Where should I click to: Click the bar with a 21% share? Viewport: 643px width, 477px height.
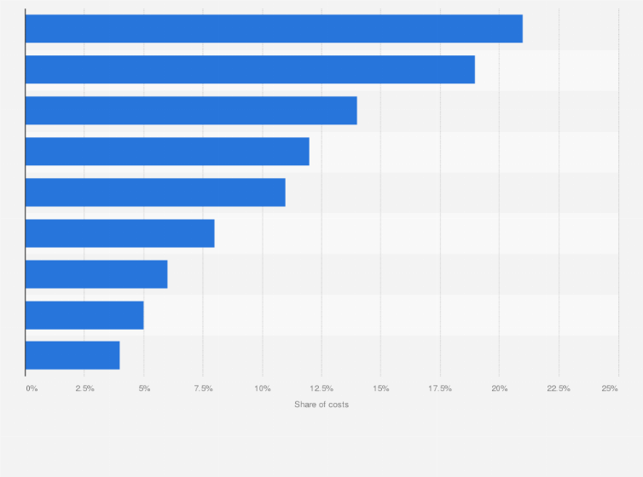pyautogui.click(x=273, y=29)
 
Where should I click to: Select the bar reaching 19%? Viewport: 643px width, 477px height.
pyautogui.click(x=250, y=70)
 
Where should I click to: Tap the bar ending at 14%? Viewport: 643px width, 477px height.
pyautogui.click(x=191, y=111)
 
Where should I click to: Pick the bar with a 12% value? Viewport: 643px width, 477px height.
pyautogui.click(x=167, y=152)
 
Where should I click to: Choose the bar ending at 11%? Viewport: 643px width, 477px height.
pyautogui.click(x=155, y=193)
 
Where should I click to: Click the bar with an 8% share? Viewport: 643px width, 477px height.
pyautogui.click(x=119, y=233)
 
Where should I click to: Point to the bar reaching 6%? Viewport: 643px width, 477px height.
pyautogui.click(x=96, y=274)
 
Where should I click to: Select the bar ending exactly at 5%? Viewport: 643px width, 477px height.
pyautogui.click(x=84, y=315)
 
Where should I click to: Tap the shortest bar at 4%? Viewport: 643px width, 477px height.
pyautogui.click(x=72, y=355)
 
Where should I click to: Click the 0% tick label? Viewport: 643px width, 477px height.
pyautogui.click(x=32, y=388)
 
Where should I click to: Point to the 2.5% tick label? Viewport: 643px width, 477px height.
pyautogui.click(x=84, y=388)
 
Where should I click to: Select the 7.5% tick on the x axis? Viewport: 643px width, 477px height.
pyautogui.click(x=203, y=388)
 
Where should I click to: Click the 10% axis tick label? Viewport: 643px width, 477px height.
pyautogui.click(x=263, y=388)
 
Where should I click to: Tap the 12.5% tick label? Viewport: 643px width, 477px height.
pyautogui.click(x=321, y=388)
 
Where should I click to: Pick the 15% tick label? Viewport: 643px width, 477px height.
pyautogui.click(x=381, y=388)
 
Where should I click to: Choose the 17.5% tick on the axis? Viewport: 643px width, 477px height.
pyautogui.click(x=440, y=388)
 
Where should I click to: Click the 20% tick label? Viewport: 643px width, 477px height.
pyautogui.click(x=500, y=388)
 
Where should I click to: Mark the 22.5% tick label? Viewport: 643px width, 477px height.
pyautogui.click(x=559, y=388)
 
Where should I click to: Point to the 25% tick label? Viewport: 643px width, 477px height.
pyautogui.click(x=610, y=388)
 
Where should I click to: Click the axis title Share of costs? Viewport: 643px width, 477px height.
pyautogui.click(x=321, y=405)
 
